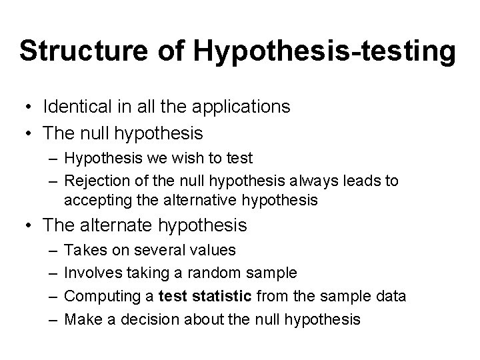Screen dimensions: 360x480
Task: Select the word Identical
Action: (75, 107)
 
